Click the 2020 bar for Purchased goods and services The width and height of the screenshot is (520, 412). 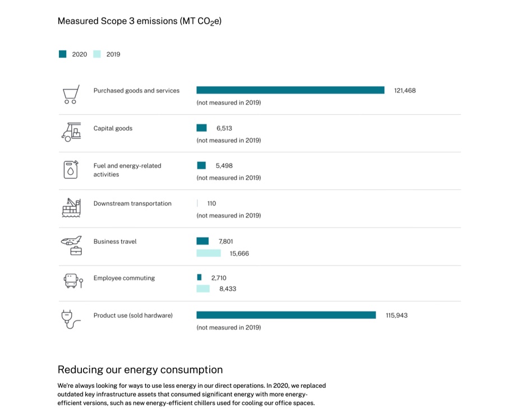coord(290,90)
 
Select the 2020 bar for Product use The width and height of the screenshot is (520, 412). coord(286,315)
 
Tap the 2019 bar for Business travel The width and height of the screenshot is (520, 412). coord(209,253)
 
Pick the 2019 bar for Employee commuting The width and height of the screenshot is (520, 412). coord(203,289)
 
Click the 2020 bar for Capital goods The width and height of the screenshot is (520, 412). coord(201,128)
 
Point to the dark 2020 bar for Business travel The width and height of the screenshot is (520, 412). coord(203,241)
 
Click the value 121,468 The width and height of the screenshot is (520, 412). coord(405,90)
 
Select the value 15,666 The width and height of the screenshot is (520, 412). coord(239,253)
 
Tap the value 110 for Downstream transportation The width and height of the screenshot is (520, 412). coord(211,203)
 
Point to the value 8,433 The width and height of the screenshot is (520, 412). coord(228,289)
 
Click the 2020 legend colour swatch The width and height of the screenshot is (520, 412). coord(63,54)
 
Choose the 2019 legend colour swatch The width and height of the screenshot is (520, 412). coord(97,54)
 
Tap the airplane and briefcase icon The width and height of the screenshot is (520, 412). coord(71,245)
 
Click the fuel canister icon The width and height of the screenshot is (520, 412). coord(71,169)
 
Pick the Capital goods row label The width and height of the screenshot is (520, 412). coord(113,128)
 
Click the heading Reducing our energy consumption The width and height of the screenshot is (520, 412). coord(140,369)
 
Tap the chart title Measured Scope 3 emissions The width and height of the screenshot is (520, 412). coord(140,21)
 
